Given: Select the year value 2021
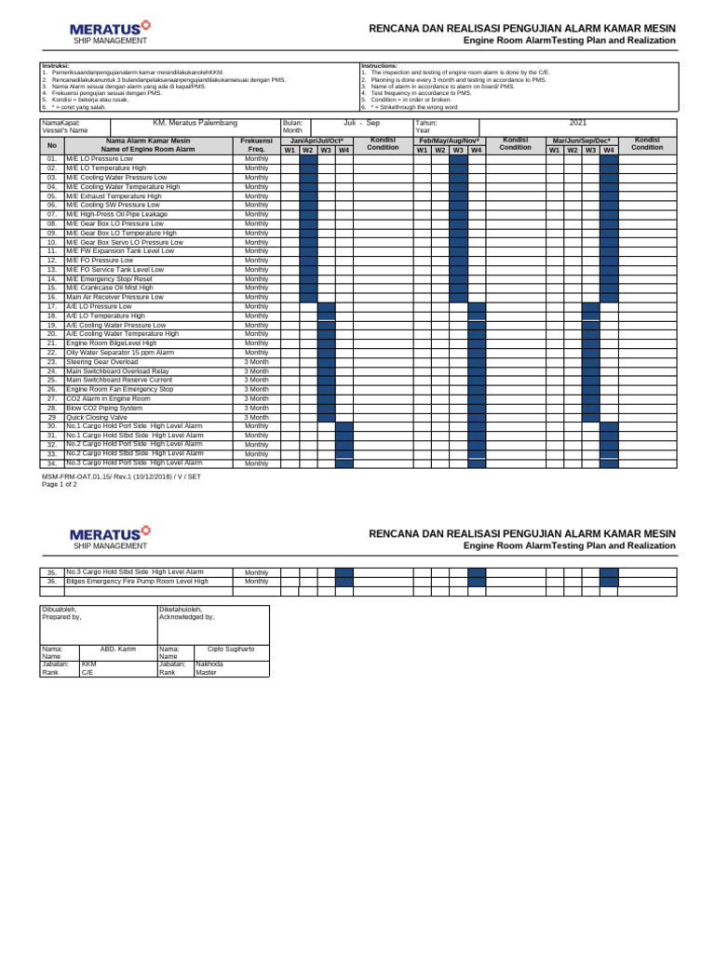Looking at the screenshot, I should coord(577,123).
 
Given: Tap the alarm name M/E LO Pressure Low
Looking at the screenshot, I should coord(100,159).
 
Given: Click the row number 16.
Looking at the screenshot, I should coord(52,297).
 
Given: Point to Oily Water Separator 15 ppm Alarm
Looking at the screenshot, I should coord(120,353).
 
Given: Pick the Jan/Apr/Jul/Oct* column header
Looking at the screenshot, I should coord(317,140).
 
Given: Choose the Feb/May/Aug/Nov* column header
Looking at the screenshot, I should coord(449,140).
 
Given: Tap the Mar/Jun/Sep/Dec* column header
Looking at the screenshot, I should coord(582,140).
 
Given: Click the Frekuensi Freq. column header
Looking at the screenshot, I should coord(256,144).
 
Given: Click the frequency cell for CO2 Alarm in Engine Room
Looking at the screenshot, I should coord(256,398).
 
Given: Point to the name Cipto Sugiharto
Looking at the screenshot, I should coord(230,648).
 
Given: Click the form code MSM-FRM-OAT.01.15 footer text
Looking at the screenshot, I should coord(121,476).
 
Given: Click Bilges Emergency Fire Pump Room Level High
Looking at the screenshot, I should coord(137,581).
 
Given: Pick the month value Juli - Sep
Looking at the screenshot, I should coord(361,123).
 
